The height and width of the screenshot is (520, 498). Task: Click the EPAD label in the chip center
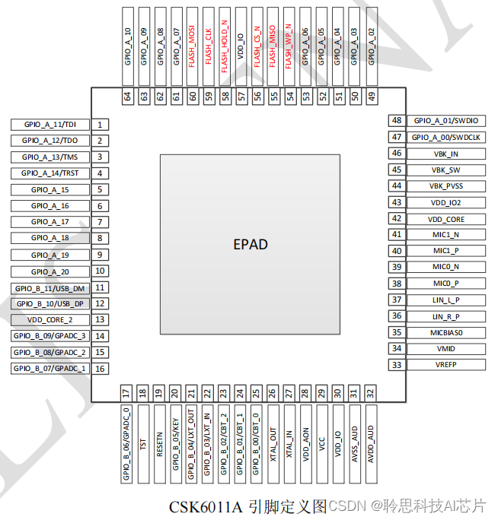pos(250,244)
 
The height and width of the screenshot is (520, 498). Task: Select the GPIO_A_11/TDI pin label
pos(50,124)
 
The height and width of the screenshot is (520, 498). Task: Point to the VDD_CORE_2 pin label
pos(50,320)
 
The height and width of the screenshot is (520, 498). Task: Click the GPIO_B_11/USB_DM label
pos(50,287)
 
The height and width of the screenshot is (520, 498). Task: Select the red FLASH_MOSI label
pos(192,49)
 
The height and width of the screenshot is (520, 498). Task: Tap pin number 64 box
pos(127,97)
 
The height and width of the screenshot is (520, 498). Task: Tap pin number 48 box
pos(397,120)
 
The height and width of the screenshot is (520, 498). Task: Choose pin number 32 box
pos(371,393)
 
